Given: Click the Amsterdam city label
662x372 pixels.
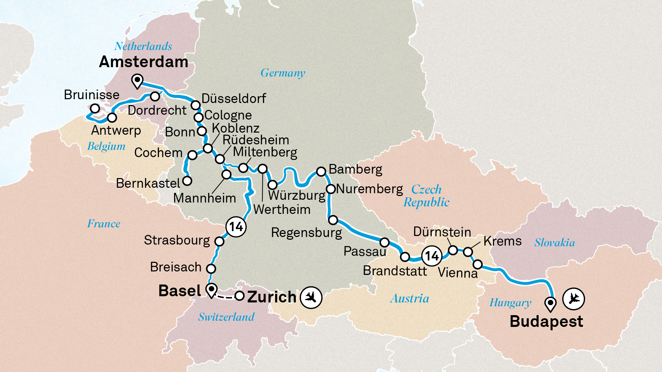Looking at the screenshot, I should tap(143, 62).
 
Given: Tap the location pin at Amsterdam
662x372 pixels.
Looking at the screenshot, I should tap(138, 81).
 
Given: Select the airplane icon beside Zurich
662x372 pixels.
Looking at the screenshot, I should tap(311, 297).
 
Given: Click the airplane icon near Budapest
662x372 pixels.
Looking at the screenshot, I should tap(573, 298).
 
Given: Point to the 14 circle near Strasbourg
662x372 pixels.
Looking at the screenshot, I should tap(236, 227).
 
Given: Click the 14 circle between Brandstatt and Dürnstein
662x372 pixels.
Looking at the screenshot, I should tap(432, 256).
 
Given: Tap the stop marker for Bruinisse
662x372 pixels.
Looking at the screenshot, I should tap(95, 109).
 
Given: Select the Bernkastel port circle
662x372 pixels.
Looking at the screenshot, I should tap(187, 180).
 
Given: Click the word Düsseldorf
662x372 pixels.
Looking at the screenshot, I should tap(233, 99).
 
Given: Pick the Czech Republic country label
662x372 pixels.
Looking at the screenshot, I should tap(427, 196).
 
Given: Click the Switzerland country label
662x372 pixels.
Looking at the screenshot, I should tap(226, 317).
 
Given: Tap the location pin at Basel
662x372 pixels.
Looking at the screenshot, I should tap(211, 290).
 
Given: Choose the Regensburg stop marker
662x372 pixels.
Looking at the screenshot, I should tap(333, 220).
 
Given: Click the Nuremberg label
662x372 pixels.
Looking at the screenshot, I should tap(369, 189).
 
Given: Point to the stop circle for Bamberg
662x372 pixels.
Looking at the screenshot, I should tap(321, 171).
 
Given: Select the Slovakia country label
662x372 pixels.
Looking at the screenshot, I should tap(554, 242).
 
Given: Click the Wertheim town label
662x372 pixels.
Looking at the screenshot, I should tap(282, 209).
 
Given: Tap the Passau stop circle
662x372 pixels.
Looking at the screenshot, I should tap(384, 242).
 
